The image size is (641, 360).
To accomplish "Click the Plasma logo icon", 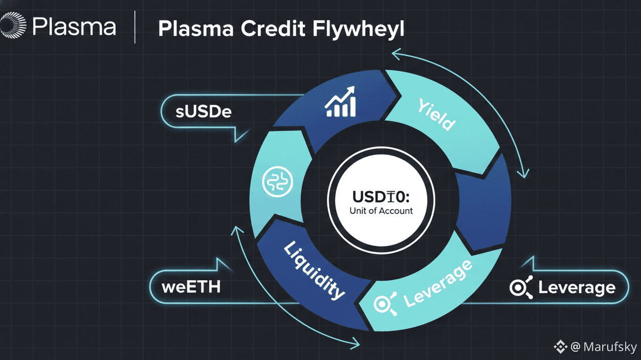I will pos(12,26).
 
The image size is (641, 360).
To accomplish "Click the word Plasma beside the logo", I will pos(74,27).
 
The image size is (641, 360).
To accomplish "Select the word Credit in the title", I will pos(271,29).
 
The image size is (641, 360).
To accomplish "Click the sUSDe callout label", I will pos(204,111).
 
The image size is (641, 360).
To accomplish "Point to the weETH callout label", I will pos(191,286).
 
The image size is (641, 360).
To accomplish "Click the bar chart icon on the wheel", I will pos(341,102).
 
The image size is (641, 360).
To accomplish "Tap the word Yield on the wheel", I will pos(436,115).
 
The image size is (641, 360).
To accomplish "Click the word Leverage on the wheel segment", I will pos(437,284).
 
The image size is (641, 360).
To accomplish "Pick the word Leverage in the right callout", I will pos(577,287).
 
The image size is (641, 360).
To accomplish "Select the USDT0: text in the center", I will pos(381,196).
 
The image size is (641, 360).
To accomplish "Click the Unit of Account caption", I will pos(381,211).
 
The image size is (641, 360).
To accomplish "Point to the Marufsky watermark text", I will pos(604,347).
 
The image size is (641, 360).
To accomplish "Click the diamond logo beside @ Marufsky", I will pos(561,347).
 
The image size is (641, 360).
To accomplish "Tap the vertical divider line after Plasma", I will pos(135,27).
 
